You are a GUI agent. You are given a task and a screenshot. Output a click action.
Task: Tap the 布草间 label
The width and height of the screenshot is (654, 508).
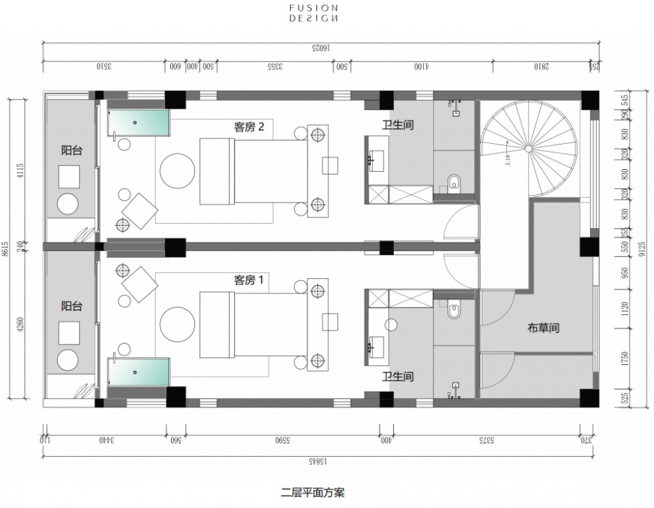(x=543, y=328)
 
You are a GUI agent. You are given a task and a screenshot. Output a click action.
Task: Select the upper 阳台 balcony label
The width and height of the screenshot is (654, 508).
(x=72, y=150)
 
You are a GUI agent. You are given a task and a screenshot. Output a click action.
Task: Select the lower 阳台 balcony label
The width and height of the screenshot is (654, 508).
(x=72, y=306)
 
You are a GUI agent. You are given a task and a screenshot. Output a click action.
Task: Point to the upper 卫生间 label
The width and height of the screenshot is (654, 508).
(x=398, y=125)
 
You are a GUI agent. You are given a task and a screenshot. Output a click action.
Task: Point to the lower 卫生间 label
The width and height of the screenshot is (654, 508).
(x=398, y=376)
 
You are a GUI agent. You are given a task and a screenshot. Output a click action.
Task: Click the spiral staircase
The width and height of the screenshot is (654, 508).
(x=528, y=147)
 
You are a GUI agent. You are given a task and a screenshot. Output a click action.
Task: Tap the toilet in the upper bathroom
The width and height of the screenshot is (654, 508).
(x=454, y=182)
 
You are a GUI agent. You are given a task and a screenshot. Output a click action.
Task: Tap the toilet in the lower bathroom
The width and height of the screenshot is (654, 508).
(x=454, y=312)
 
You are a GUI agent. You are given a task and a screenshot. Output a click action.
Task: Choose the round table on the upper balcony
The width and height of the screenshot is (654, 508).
(x=69, y=205)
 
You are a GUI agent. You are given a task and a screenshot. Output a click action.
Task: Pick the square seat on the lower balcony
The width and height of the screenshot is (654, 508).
(x=70, y=333)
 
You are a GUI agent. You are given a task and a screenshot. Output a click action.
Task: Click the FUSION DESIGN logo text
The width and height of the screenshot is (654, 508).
(x=313, y=14)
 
